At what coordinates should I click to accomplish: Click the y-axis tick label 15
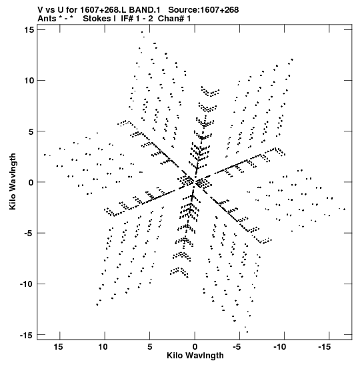pos(29,30)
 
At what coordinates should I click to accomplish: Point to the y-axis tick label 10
pos(29,81)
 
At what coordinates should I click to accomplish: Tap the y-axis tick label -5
pos(29,233)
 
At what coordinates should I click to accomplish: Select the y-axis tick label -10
pos(27,284)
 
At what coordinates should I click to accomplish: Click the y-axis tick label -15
pos(27,335)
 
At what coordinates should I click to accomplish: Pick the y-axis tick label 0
pos(31,182)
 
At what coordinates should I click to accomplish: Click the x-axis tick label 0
pos(195,347)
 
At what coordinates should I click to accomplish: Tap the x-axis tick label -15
pos(325,347)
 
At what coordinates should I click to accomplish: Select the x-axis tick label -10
pos(279,347)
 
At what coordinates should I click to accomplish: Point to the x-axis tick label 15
pos(58,347)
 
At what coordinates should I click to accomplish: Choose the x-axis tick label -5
pos(237,347)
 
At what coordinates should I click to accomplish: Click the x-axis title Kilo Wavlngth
pos(195,356)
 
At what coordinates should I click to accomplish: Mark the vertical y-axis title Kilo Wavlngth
pos(13,181)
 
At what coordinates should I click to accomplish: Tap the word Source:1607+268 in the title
pos(203,10)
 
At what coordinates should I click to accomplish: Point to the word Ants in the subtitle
pos(47,19)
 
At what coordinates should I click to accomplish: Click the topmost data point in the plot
pos(142,32)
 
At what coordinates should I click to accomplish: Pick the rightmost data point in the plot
pos(345,210)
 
